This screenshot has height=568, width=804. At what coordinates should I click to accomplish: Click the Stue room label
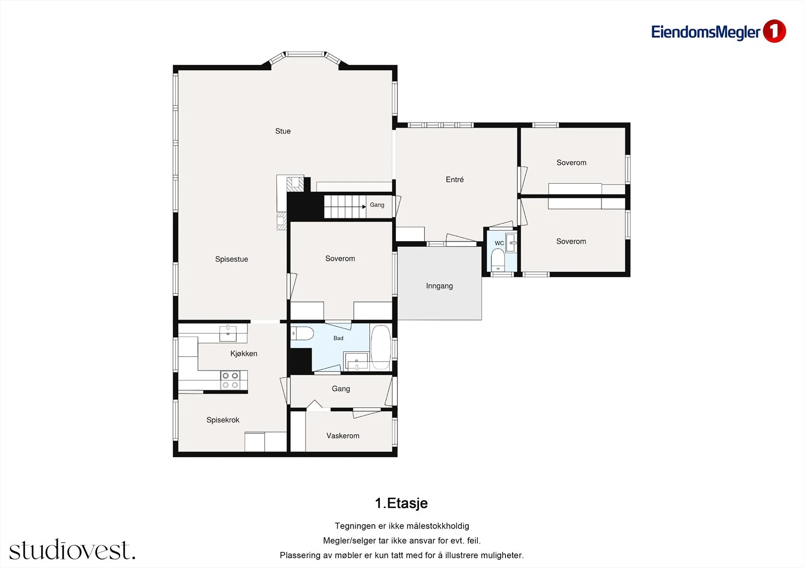tap(283, 131)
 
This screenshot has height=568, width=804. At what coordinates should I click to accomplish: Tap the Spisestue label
tap(232, 260)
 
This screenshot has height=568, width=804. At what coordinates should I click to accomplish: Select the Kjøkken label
tap(244, 354)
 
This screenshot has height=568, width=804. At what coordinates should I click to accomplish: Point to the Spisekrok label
tap(223, 420)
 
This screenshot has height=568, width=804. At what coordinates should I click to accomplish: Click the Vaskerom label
tap(343, 436)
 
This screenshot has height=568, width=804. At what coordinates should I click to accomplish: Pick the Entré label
tap(455, 179)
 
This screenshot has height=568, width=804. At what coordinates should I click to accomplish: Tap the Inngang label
tap(439, 286)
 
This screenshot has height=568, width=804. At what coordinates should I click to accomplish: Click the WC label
tap(499, 243)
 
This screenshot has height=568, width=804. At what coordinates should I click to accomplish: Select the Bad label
tap(339, 338)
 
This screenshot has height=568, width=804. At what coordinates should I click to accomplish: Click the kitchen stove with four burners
tap(230, 380)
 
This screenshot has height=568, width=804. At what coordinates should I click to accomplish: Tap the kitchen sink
tap(228, 333)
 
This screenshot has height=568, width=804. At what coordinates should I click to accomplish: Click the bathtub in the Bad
tap(380, 347)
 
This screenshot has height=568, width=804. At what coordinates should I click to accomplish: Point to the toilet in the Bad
tap(302, 333)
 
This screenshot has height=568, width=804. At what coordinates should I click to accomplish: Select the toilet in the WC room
tap(498, 261)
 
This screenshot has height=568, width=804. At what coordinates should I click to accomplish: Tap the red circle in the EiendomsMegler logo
tap(774, 31)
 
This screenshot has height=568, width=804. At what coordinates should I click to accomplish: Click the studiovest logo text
tap(72, 549)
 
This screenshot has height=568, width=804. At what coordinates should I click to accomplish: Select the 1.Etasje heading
tap(401, 503)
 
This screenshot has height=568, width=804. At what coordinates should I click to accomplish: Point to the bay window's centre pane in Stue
tap(305, 54)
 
